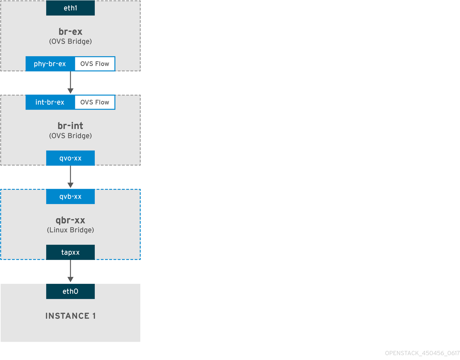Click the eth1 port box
coord(70,8)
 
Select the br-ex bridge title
coord(70,31)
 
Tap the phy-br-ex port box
coord(50,64)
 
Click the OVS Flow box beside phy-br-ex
coord(95,64)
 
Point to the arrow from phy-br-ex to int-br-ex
coord(71,82)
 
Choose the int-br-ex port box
coord(50,102)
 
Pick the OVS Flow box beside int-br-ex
coord(95,102)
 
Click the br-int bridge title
coord(70,126)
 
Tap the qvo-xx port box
coord(70,158)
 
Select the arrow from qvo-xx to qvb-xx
coord(71,177)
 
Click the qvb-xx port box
coord(70,197)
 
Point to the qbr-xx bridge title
coord(70,220)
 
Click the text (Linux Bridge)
coord(70,230)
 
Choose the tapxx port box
coord(70,252)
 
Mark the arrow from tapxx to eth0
coord(71,271)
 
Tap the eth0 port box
coord(70,291)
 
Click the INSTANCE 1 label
coord(70,316)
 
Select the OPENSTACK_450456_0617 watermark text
coord(422,353)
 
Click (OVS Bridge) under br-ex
coord(70,41)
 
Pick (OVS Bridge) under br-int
coord(70,136)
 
